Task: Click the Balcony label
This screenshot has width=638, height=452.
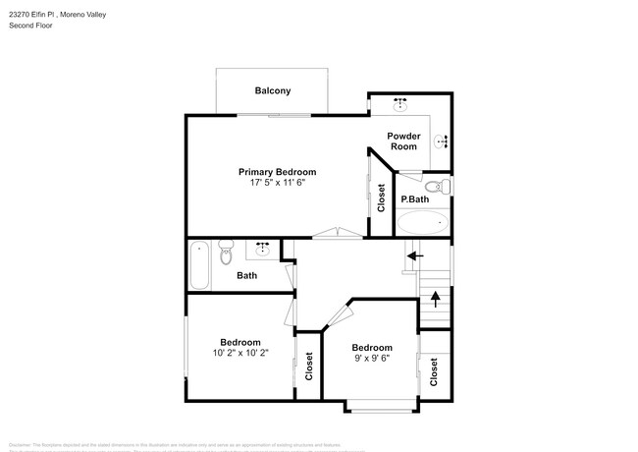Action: pos(273,91)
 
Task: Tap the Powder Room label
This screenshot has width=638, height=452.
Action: pos(403,141)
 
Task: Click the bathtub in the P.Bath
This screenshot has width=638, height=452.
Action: pos(422,221)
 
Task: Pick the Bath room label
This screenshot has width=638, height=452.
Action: pos(246,275)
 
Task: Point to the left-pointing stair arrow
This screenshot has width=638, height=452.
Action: pos(415,255)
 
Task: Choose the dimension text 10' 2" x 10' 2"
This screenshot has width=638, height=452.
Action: pos(239,352)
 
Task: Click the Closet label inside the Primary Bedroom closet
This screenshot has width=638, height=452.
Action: pos(381,198)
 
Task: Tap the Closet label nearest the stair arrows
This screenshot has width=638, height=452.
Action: pos(434,370)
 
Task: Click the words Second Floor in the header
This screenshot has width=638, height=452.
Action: pos(30,26)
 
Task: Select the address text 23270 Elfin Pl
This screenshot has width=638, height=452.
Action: pos(37,13)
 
